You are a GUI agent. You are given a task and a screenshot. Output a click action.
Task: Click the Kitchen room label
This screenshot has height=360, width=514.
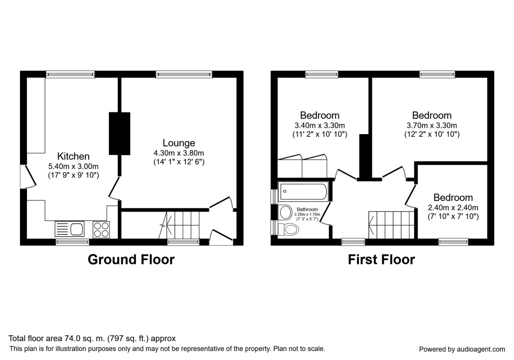[x=74, y=156]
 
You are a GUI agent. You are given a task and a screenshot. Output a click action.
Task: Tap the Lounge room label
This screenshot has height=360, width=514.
[x=179, y=143]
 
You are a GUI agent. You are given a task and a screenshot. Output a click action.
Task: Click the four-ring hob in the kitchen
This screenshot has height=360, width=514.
[x=101, y=228]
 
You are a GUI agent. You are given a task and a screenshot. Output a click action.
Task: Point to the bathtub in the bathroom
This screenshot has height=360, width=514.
[x=303, y=192]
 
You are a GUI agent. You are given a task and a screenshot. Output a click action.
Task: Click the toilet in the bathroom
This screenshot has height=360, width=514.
[x=287, y=229]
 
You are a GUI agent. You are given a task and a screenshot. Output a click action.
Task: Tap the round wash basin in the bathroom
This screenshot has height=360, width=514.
[x=284, y=211]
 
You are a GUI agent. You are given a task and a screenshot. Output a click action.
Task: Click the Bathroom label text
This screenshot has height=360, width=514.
[x=307, y=209]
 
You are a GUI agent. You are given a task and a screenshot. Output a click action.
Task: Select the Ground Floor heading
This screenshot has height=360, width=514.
[x=131, y=259]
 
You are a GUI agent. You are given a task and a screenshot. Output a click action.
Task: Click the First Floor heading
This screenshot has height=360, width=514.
[x=381, y=259]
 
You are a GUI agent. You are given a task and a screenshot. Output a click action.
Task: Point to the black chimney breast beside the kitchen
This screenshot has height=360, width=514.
[x=119, y=133]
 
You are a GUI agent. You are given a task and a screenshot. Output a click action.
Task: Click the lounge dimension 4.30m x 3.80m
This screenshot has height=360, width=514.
[x=179, y=153]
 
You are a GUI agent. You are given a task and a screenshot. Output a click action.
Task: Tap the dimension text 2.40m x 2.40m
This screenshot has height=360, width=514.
[x=453, y=207]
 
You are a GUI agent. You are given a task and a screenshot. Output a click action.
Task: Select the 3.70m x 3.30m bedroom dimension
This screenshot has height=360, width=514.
[x=432, y=126]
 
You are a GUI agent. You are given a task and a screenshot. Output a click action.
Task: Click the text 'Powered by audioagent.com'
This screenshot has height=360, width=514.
[x=462, y=349]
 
